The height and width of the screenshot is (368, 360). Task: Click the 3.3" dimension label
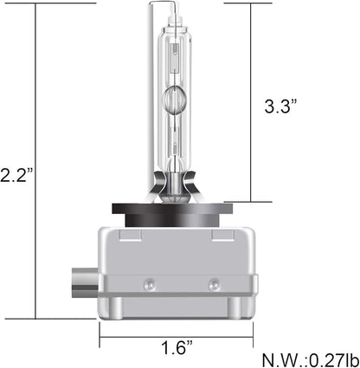pyautogui.click(x=280, y=106)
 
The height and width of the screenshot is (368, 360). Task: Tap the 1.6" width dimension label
pyautogui.click(x=177, y=347)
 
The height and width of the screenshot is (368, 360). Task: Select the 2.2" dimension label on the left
pyautogui.click(x=16, y=175)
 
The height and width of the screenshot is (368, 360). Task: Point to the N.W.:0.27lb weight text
pyautogui.click(x=311, y=359)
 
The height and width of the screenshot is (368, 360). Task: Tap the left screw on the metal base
pyautogui.click(x=150, y=284)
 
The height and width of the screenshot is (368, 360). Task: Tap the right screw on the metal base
pyautogui.click(x=214, y=284)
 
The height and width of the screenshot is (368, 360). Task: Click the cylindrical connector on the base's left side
pyautogui.click(x=86, y=283)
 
